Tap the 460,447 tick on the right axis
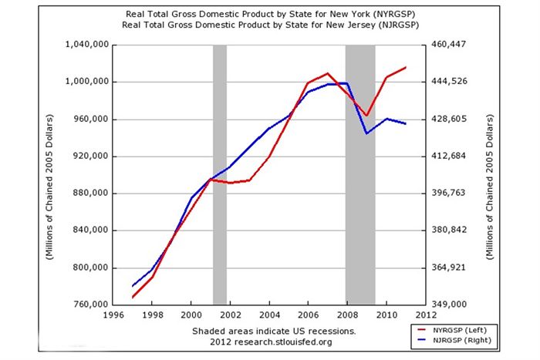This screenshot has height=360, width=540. pos(447,45)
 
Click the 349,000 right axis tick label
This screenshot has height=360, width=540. pos(447,304)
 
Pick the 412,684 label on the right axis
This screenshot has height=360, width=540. pos(447,156)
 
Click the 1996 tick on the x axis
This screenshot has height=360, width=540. pos(113,315)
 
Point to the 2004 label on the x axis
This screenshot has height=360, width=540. pos(269,315)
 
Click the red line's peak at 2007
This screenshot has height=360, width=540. pos(328,73)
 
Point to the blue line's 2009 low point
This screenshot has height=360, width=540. pos(367,133)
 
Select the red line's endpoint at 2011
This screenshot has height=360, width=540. pos(406,68)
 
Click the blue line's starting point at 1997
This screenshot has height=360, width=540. pos(133,287)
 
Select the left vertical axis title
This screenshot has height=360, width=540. pos(49,173)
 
